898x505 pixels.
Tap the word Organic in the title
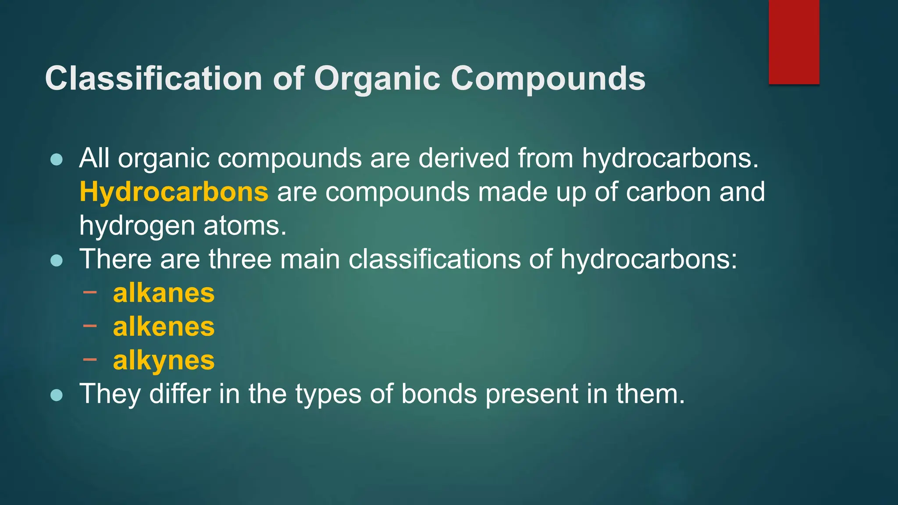click(x=377, y=79)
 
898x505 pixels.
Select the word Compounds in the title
click(x=548, y=79)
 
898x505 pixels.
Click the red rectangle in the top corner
click(x=794, y=42)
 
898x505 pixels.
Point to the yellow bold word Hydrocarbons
click(x=174, y=192)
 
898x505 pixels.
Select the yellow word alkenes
click(x=164, y=327)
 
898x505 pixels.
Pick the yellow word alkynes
click(x=164, y=360)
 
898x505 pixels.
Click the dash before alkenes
click(x=89, y=325)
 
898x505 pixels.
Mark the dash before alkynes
click(x=89, y=359)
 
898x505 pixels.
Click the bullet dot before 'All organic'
click(x=57, y=160)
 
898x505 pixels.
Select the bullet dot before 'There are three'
click(x=57, y=261)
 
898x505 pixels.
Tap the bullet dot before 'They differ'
click(x=57, y=395)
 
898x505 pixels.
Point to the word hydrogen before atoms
click(x=137, y=226)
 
